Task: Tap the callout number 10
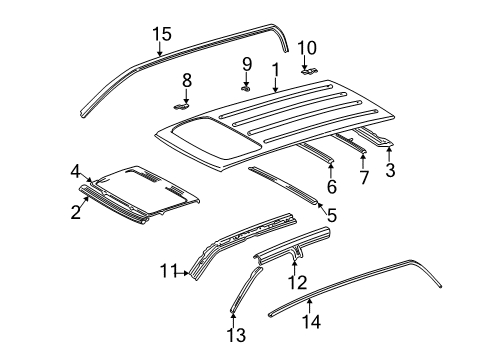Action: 306,47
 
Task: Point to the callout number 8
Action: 185,80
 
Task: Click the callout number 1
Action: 274,70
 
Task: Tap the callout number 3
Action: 390,170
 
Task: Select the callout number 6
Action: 331,187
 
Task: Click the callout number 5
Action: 332,241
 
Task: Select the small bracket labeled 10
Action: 308,70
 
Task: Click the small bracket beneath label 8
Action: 181,102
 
